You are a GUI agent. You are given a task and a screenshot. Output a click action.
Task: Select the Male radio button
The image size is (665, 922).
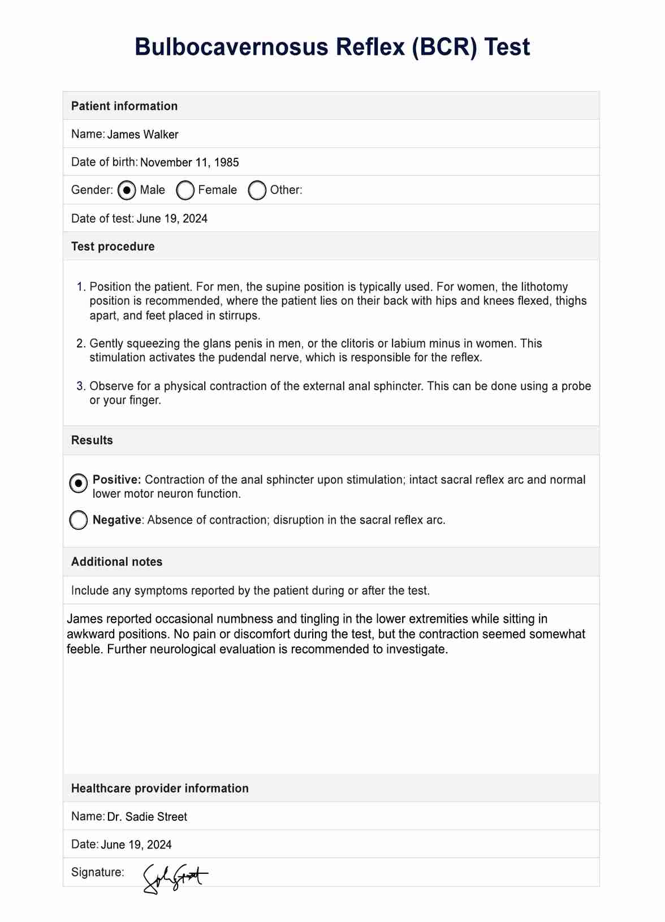(x=127, y=190)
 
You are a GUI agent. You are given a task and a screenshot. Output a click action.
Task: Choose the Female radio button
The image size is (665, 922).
(x=185, y=190)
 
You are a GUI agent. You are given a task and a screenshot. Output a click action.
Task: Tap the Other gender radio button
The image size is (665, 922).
(x=257, y=190)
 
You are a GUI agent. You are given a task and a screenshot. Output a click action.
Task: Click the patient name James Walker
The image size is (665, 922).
(x=142, y=135)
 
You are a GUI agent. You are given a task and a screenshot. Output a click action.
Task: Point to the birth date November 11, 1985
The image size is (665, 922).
(x=189, y=162)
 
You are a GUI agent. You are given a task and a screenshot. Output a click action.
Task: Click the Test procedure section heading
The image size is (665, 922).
(x=113, y=247)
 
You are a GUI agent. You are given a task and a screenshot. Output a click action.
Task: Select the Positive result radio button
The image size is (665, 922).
(x=79, y=483)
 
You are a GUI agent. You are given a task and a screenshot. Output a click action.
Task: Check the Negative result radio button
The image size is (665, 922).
(x=79, y=520)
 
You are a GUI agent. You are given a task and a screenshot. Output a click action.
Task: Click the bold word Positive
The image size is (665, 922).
(x=116, y=480)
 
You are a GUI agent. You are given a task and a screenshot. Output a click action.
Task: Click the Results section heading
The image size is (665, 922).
(x=92, y=440)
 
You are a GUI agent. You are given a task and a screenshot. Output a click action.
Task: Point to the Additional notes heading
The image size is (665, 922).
(x=116, y=562)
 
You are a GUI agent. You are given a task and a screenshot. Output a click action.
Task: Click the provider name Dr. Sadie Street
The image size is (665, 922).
(x=147, y=817)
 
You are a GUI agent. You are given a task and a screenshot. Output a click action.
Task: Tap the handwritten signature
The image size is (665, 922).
(x=174, y=877)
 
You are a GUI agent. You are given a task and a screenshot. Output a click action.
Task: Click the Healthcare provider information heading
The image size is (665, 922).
(x=159, y=789)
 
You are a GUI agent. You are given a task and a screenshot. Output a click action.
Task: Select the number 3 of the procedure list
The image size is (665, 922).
(x=80, y=386)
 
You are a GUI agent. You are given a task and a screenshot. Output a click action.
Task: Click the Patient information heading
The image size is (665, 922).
(x=124, y=106)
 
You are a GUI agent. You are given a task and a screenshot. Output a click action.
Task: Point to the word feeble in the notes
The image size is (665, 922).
(x=85, y=649)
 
